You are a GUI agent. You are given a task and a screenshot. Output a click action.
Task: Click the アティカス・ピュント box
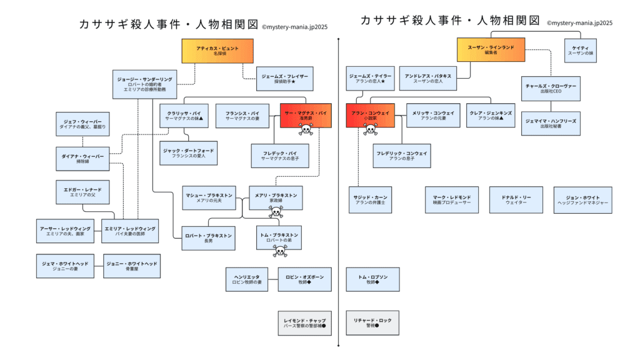pyautogui.click(x=217, y=51)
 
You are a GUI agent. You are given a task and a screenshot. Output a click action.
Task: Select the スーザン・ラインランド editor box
pyautogui.click(x=491, y=50)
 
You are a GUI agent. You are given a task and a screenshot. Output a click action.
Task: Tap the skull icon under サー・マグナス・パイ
pyautogui.click(x=305, y=130)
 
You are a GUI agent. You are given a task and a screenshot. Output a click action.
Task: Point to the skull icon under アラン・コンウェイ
pyautogui.click(x=370, y=130)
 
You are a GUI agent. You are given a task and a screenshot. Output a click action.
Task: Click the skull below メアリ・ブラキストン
pyautogui.click(x=276, y=212)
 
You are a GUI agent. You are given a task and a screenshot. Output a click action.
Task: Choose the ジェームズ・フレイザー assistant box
pyautogui.click(x=284, y=79)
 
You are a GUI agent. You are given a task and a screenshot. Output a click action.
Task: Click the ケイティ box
pyautogui.click(x=581, y=51)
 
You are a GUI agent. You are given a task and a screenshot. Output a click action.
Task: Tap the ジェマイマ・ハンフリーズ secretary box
pyautogui.click(x=551, y=123)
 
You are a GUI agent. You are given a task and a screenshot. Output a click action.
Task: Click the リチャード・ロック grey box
pyautogui.click(x=372, y=323)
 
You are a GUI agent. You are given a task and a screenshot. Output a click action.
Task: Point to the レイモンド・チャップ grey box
pyautogui.click(x=305, y=323)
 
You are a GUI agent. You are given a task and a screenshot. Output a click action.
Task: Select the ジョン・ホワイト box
pyautogui.click(x=582, y=200)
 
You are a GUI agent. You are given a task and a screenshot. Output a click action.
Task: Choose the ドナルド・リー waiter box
pyautogui.click(x=516, y=200)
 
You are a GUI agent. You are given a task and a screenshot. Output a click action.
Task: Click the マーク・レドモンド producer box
pyautogui.click(x=452, y=200)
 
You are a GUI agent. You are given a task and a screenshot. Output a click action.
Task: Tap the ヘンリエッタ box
pyautogui.click(x=248, y=279)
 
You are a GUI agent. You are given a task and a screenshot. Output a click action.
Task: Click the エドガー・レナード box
pyautogui.click(x=82, y=192)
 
